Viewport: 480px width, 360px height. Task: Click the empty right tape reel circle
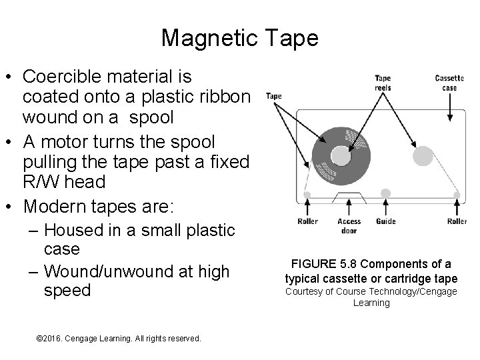(423, 155)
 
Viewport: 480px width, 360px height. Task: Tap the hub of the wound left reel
(340, 155)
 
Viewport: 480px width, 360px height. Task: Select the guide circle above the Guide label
(385, 193)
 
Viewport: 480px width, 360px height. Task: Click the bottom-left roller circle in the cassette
(307, 195)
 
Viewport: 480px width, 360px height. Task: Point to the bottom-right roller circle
(457, 195)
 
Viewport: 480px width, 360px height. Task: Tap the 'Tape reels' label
(383, 83)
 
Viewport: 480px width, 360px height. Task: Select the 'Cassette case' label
(449, 83)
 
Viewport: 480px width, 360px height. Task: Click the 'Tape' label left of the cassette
(274, 96)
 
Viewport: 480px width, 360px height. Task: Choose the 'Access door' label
(349, 225)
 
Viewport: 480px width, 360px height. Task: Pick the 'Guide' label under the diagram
(385, 221)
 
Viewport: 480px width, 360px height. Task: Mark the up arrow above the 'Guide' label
(385, 207)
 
